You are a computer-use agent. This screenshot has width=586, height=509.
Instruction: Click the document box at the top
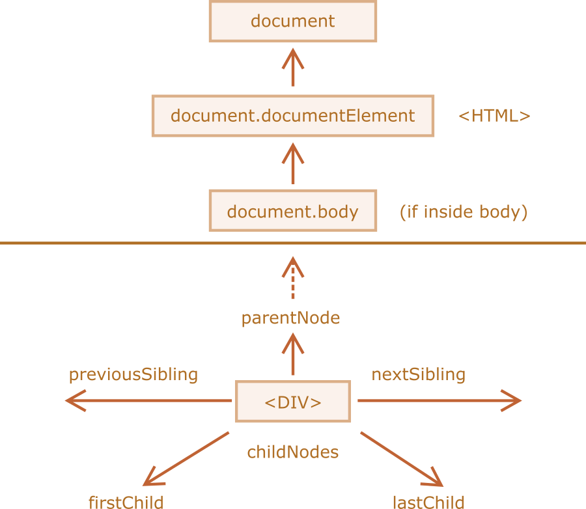click(292, 21)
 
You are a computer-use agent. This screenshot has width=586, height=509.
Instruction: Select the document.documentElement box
click(292, 116)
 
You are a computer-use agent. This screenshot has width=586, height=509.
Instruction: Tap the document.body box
click(292, 211)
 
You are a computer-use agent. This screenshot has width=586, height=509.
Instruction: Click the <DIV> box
click(292, 402)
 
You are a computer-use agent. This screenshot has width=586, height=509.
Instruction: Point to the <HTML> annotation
click(494, 116)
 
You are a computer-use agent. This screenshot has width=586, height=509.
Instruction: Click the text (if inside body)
click(463, 212)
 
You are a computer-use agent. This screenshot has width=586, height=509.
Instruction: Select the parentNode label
click(290, 318)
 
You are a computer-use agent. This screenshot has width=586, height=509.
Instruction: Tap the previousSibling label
click(133, 374)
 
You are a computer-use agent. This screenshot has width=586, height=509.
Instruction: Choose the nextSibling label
click(418, 374)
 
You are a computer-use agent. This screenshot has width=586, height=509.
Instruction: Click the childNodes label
click(292, 452)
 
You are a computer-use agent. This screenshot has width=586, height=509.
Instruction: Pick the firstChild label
click(126, 501)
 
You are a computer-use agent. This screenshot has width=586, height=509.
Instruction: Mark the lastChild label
click(428, 501)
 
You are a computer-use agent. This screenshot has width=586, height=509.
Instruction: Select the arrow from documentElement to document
click(292, 68)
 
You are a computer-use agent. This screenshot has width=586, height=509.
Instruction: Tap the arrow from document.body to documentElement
click(292, 163)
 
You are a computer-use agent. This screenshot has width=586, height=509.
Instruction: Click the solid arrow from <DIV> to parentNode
click(292, 355)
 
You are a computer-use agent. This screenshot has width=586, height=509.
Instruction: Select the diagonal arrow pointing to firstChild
click(186, 458)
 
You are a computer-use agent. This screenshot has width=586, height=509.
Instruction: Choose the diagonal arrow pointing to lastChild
click(401, 458)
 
